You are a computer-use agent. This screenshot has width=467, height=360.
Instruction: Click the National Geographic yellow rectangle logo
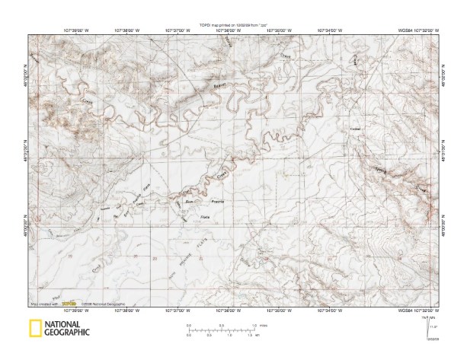point(35,329)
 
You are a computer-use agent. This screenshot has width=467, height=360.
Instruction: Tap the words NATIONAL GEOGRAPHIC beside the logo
point(67,329)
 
